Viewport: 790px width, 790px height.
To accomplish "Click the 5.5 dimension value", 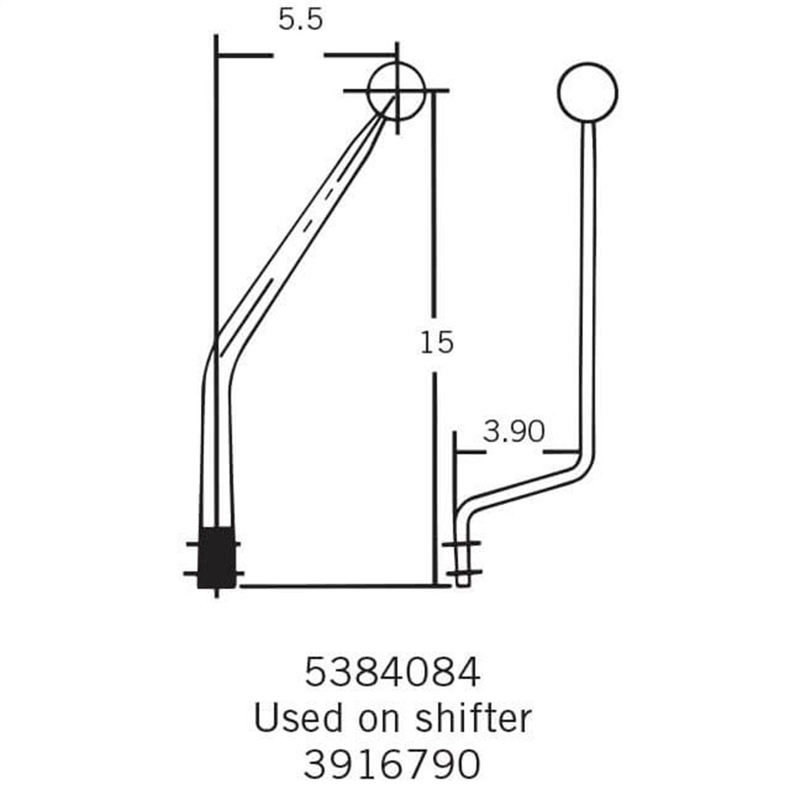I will (x=300, y=20).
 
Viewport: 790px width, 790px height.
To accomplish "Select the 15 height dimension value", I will (x=437, y=343).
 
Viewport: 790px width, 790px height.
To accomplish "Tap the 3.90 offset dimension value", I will (x=513, y=432).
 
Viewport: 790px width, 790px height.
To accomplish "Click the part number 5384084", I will (x=392, y=673).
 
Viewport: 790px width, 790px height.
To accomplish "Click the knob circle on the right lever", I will (x=587, y=92).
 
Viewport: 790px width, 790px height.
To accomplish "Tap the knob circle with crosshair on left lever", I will (x=396, y=91).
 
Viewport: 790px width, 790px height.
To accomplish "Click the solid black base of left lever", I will (x=216, y=558).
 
